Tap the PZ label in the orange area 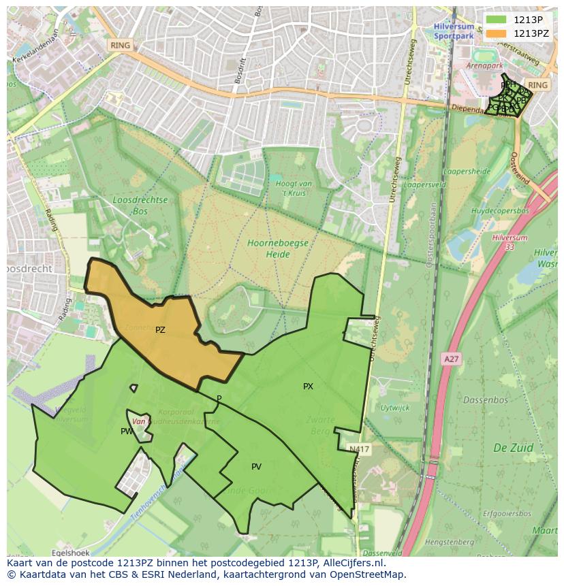click(x=160, y=330)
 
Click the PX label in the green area click(x=308, y=387)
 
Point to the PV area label click(x=256, y=467)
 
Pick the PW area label click(x=127, y=432)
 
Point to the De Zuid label click(x=513, y=448)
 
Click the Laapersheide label click(x=467, y=172)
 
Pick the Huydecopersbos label click(x=500, y=211)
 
